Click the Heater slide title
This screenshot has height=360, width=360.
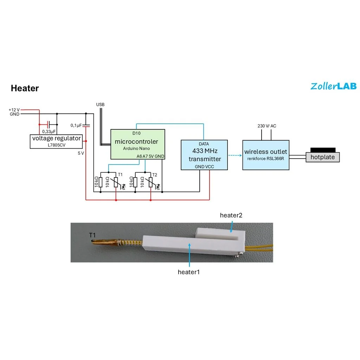pos(25,88)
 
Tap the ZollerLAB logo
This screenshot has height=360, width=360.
pos(333,86)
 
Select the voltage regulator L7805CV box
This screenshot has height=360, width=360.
pos(56,141)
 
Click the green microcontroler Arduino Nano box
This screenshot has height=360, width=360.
pos(138,144)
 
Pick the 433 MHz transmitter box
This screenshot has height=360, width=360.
pos(205,155)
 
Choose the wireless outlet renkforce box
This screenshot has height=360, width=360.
pos(266,155)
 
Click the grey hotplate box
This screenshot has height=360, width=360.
pos(322,157)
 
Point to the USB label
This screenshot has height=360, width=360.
pos(100,105)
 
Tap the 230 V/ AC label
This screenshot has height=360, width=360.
pos(267,126)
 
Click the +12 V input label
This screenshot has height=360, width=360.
pos(14,110)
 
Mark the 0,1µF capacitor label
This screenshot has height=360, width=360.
pos(76,126)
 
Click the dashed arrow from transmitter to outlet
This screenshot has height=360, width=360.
pos(236,155)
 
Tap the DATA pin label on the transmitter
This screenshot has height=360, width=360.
pos(204,144)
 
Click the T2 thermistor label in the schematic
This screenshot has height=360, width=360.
pos(155,175)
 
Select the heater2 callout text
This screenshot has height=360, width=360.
pos(231,215)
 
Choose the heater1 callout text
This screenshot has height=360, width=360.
pos(189,272)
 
